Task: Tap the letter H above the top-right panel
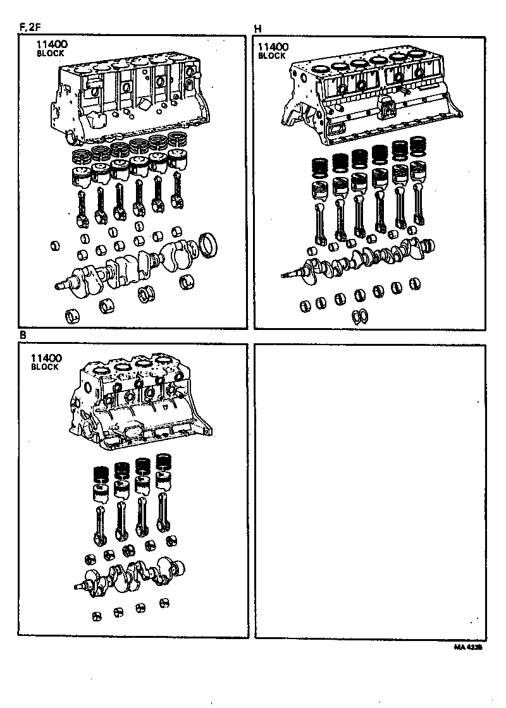point(257,29)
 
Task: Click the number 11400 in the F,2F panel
point(52,45)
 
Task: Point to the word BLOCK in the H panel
point(272,56)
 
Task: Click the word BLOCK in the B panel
point(44,367)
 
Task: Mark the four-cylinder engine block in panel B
point(139,405)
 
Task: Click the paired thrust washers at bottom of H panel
point(359,315)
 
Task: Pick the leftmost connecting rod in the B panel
point(100,522)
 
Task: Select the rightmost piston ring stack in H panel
point(417,147)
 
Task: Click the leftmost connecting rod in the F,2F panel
point(82,209)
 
